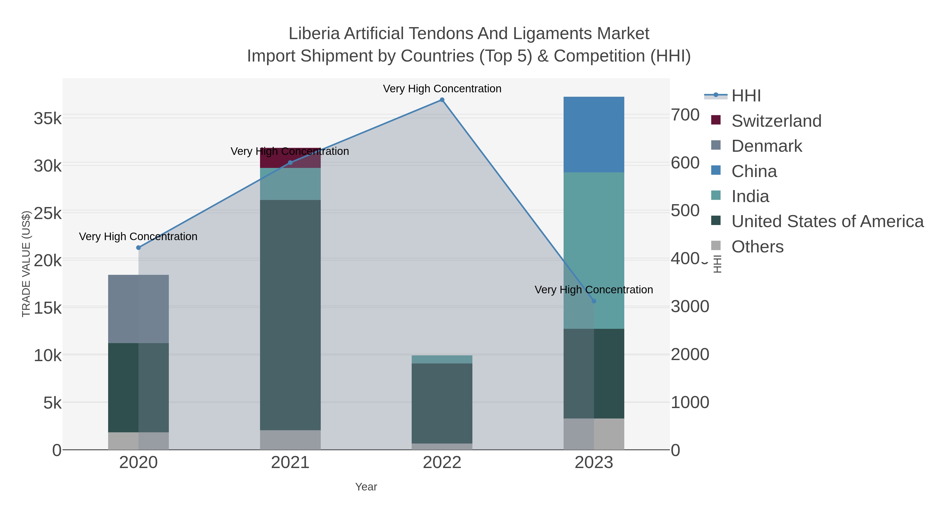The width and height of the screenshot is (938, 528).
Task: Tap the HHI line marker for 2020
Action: [138, 248]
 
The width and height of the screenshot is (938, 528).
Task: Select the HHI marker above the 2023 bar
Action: [594, 301]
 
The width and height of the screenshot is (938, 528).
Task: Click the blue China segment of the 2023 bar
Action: [594, 135]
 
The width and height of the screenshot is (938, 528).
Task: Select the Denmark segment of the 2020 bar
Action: [138, 309]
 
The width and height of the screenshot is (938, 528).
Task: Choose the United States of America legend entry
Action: [827, 222]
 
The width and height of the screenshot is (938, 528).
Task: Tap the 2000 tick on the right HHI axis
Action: [690, 355]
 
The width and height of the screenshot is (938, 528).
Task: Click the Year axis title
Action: [366, 487]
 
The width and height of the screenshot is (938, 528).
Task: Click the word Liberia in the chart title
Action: [314, 34]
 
